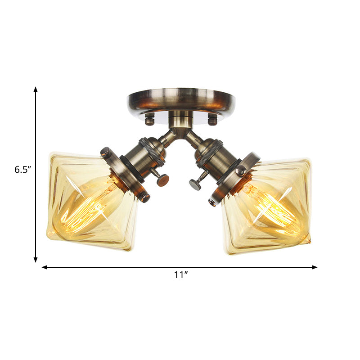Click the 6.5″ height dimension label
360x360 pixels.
tap(22, 170)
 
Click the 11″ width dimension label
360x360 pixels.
tap(181, 275)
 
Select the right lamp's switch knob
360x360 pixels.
tap(196, 184)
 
